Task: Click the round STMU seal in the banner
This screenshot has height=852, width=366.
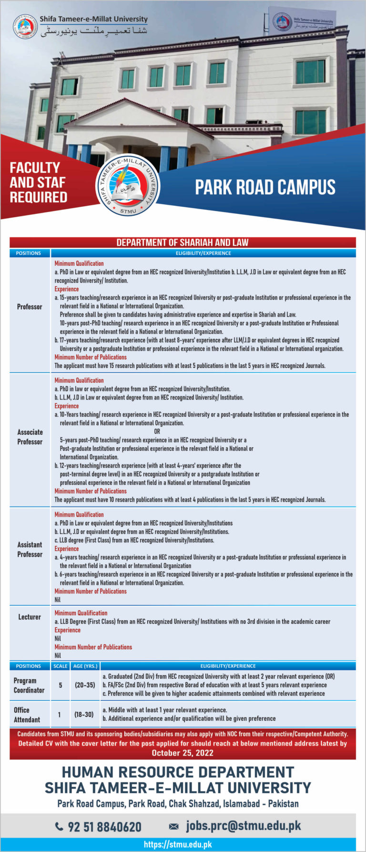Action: click(x=128, y=186)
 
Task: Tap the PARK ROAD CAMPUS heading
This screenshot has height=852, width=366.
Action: click(x=265, y=187)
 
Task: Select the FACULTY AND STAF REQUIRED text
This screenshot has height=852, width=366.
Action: click(x=39, y=182)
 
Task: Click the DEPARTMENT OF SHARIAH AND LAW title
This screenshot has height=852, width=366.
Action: click(x=183, y=242)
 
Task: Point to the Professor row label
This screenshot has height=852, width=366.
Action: click(x=30, y=307)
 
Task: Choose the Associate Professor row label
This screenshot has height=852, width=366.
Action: click(x=30, y=437)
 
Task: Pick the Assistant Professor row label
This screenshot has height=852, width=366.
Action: click(x=30, y=549)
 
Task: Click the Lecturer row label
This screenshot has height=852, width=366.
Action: click(x=30, y=617)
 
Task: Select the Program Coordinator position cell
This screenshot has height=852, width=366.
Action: click(x=29, y=685)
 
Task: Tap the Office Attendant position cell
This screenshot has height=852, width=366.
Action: click(x=27, y=715)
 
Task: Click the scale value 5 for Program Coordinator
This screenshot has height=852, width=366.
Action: click(x=61, y=685)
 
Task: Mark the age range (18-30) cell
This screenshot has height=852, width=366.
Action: click(x=84, y=715)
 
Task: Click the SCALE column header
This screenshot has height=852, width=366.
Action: click(x=61, y=666)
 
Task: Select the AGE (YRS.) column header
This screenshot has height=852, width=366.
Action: click(x=85, y=666)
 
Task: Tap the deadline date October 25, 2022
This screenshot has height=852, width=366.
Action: click(x=183, y=753)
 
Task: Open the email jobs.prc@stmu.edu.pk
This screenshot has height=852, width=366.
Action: click(x=243, y=826)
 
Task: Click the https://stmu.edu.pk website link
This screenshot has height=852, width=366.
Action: click(x=178, y=844)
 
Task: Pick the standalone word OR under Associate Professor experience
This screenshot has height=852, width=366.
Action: click(x=157, y=431)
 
